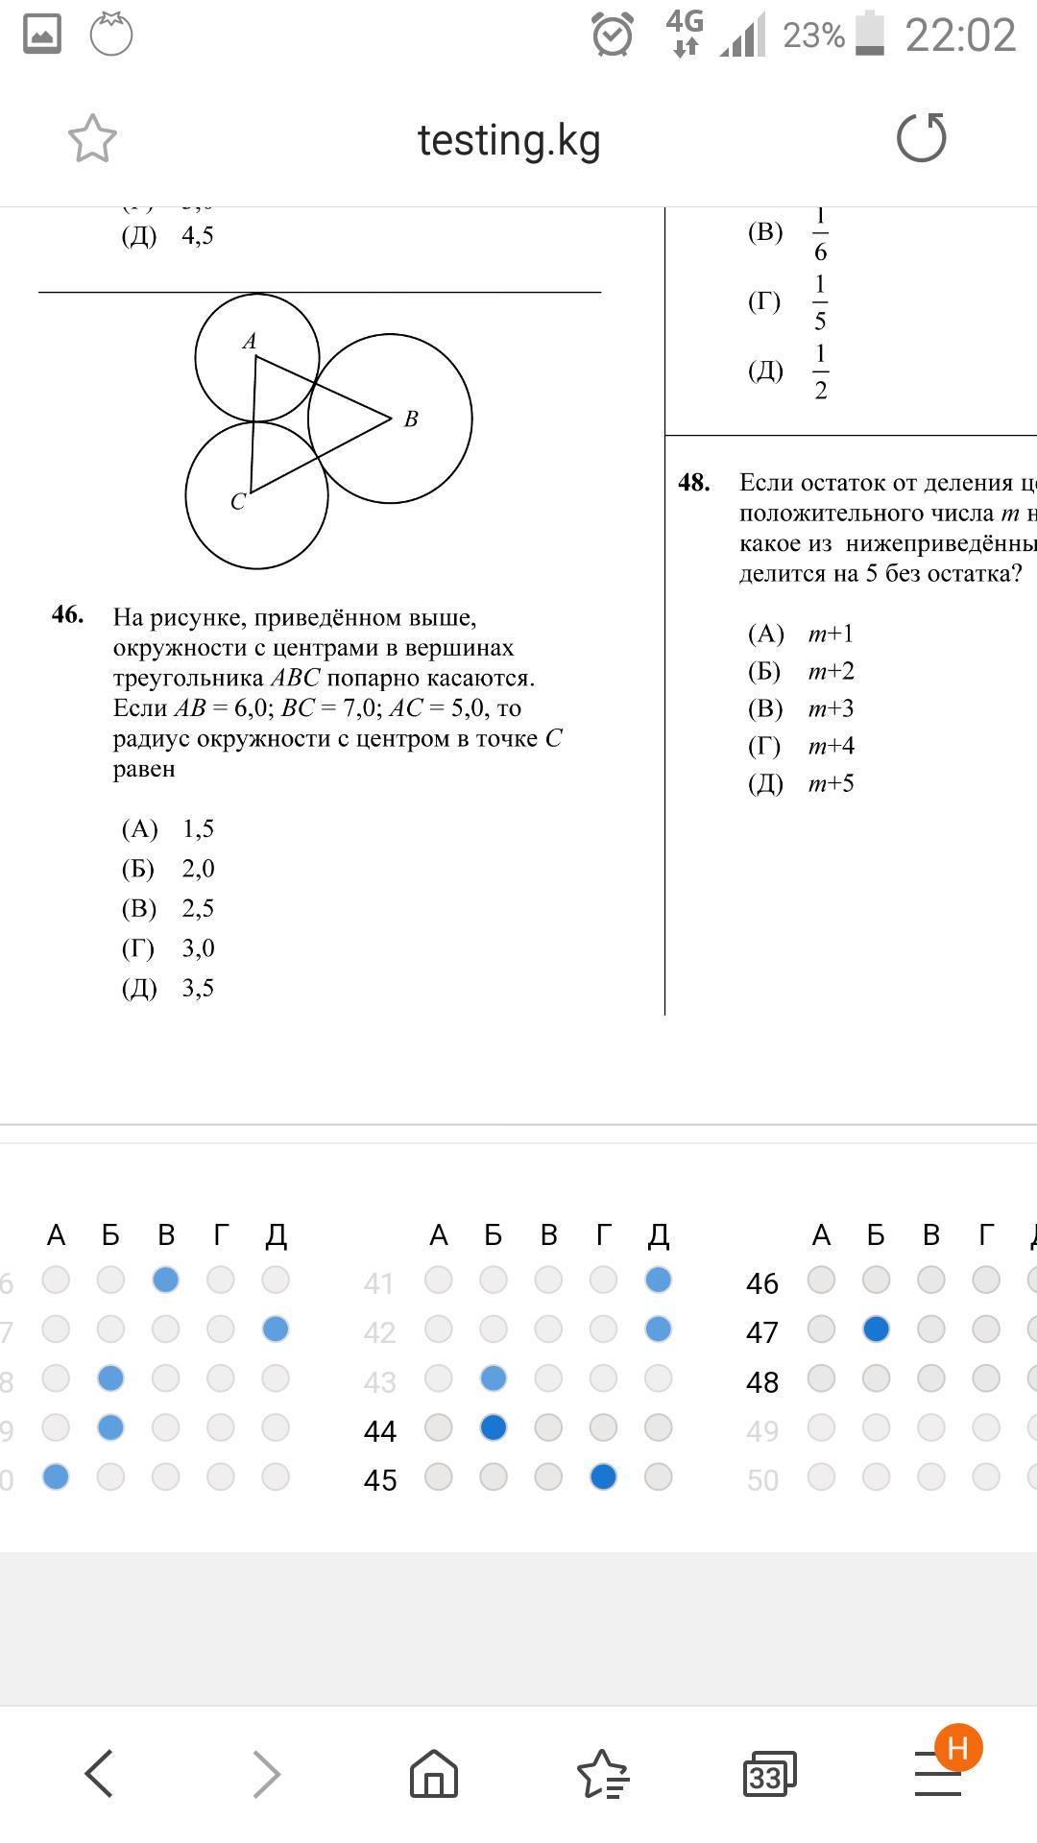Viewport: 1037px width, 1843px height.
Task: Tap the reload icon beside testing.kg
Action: tap(921, 138)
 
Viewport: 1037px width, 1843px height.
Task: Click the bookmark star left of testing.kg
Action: tap(92, 138)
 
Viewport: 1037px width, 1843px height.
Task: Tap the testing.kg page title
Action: tap(509, 140)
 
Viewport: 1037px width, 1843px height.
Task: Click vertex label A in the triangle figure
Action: tap(250, 341)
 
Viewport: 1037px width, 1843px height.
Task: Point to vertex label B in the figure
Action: tap(411, 419)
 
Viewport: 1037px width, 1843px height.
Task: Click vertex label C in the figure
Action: tap(238, 502)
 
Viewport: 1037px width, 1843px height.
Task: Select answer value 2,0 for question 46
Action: tap(198, 869)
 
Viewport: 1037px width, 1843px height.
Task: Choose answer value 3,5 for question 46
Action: tap(198, 989)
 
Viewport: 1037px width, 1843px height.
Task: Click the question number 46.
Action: tap(67, 614)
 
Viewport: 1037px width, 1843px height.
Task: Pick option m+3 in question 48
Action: tap(831, 708)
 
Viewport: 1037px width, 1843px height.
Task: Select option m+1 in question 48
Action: tap(831, 634)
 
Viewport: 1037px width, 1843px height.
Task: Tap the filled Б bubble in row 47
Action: tap(876, 1329)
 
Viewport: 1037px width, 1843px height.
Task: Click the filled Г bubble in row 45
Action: tap(603, 1477)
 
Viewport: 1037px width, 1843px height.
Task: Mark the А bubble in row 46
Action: tap(821, 1280)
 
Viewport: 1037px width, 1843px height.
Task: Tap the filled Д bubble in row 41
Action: tap(658, 1280)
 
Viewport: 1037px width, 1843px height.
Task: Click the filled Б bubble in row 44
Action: tap(494, 1428)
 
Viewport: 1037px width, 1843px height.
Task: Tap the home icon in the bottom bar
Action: tap(434, 1773)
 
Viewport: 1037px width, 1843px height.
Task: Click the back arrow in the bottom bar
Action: tap(100, 1773)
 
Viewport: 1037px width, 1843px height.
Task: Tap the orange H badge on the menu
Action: tap(958, 1748)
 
